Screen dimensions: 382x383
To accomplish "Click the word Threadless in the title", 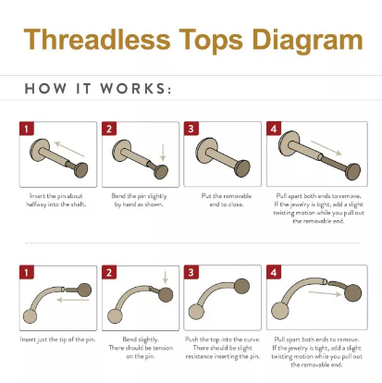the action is [97, 40].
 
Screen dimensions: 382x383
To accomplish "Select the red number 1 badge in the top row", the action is [27, 129].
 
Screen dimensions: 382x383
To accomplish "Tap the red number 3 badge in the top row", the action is [191, 129].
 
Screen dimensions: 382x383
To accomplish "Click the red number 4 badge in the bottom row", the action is [274, 272].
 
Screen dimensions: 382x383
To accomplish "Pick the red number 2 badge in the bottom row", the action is [109, 272].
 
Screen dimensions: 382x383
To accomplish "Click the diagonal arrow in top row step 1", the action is [69, 149].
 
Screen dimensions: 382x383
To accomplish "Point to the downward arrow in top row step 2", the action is [163, 153].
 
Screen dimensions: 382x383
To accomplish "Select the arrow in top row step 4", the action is [327, 148].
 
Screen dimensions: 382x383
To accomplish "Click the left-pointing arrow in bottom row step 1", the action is [73, 300].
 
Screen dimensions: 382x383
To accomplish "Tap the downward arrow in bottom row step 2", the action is [166, 278].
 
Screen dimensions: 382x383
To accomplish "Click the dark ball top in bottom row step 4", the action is [353, 293].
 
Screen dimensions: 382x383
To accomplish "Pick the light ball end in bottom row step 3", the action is [197, 312].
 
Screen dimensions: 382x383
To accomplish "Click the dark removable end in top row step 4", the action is [353, 171].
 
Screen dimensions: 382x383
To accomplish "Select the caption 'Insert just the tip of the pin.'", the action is [57, 340].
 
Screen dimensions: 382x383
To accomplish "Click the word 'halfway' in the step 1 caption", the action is [36, 204].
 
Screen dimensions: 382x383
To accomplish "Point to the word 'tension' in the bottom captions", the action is [162, 348].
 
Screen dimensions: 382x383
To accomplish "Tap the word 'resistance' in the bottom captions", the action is [199, 356].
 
